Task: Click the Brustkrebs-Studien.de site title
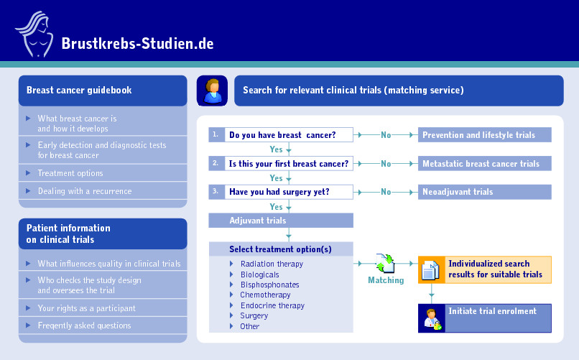click(x=137, y=43)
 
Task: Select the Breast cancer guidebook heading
click(x=79, y=91)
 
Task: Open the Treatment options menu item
click(x=70, y=173)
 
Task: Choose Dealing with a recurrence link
click(x=85, y=191)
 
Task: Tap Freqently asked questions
click(x=84, y=326)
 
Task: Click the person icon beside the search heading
click(x=212, y=91)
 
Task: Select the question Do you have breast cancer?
click(x=282, y=135)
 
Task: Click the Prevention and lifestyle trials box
click(x=485, y=135)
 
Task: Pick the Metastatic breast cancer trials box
click(x=485, y=164)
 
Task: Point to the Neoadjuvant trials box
click(x=485, y=192)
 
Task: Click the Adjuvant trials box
click(x=281, y=221)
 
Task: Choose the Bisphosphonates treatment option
click(x=270, y=285)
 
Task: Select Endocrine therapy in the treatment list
click(x=272, y=305)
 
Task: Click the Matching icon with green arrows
click(x=386, y=264)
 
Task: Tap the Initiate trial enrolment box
click(x=492, y=311)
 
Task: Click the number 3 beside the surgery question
click(x=216, y=192)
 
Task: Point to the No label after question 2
click(x=386, y=164)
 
